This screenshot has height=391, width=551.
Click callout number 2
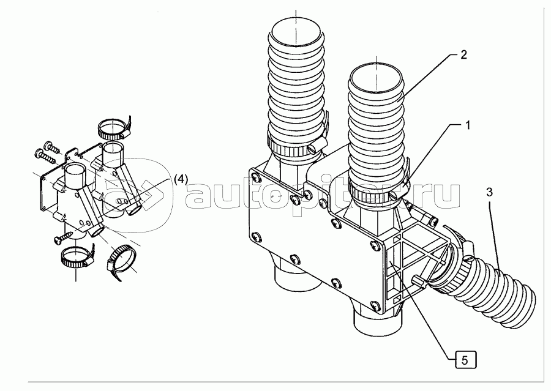pyautogui.click(x=463, y=54)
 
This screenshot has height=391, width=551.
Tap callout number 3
pyautogui.click(x=489, y=192)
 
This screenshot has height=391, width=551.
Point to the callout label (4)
pyautogui.click(x=181, y=179)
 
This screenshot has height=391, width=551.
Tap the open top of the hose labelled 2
pyautogui.click(x=375, y=78)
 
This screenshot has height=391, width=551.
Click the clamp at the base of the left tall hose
pyautogui.click(x=293, y=148)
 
